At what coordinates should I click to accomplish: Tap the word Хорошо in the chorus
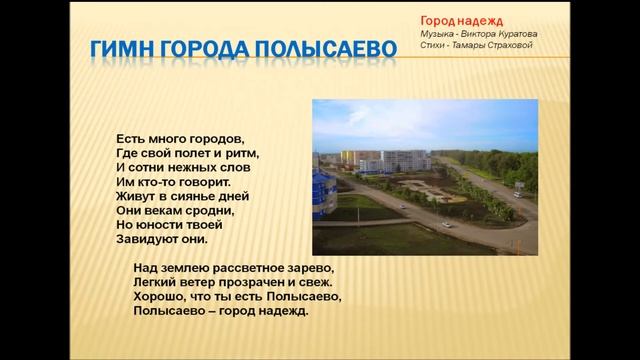(158, 297)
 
